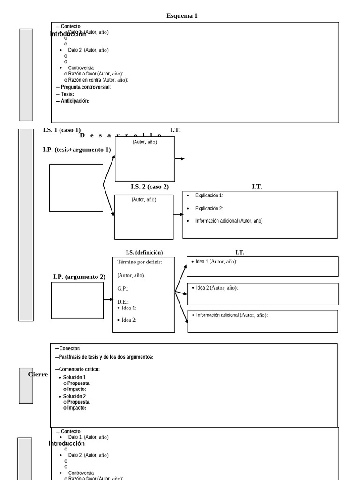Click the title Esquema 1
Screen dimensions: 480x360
[182, 16]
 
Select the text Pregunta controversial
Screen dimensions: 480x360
[85, 87]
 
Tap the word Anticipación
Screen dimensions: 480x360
[75, 101]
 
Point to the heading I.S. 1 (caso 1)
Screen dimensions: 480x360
[61, 130]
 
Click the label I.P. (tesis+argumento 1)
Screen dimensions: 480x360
[76, 150]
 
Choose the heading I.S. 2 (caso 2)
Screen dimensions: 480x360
[150, 187]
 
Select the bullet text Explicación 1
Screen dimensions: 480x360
[209, 195]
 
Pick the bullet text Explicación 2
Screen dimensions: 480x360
[209, 208]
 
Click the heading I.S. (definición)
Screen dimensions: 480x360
[144, 252]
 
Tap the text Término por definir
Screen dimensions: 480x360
[139, 262]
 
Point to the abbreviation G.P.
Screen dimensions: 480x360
[123, 289]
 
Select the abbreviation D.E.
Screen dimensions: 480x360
[123, 302]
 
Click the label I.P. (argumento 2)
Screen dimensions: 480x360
[79, 277]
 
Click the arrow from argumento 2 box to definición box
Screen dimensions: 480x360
[108, 299]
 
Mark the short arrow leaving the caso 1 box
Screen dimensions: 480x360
[180, 159]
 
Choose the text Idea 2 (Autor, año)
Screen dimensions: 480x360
[217, 288]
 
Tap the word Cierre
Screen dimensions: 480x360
[38, 374]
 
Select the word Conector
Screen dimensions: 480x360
[70, 348]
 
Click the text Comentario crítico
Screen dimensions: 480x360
[79, 369]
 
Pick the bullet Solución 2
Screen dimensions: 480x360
[75, 396]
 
